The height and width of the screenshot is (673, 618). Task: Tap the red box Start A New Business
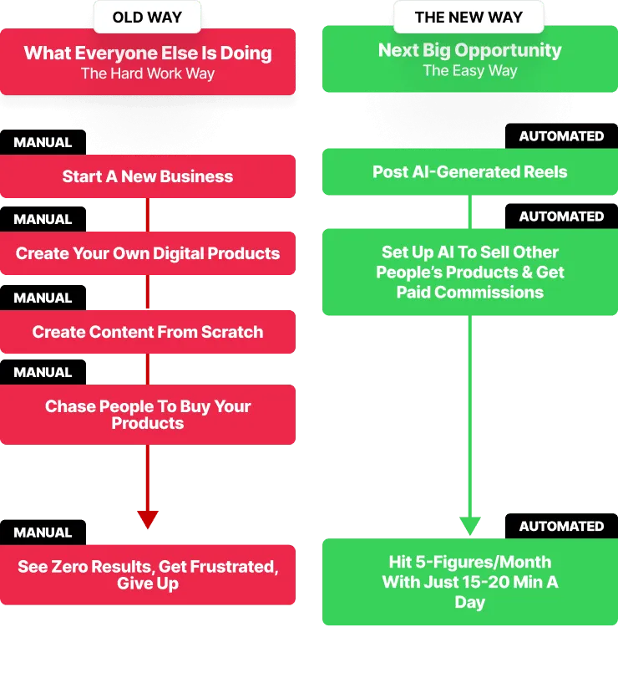click(148, 176)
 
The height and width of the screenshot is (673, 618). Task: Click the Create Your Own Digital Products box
click(148, 253)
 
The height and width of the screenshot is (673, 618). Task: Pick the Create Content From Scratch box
click(148, 332)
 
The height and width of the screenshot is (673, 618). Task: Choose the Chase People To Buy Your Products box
click(148, 415)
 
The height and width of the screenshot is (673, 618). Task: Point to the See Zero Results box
click(148, 575)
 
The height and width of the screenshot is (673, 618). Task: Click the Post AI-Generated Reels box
click(469, 172)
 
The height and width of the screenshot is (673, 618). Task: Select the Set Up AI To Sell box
click(469, 273)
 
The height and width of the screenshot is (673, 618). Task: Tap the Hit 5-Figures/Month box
click(469, 582)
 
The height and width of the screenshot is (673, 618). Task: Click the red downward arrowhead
click(148, 519)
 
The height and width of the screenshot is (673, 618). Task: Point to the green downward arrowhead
click(470, 526)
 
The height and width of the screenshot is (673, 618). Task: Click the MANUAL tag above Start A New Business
click(43, 142)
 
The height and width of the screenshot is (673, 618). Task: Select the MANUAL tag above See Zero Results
click(43, 532)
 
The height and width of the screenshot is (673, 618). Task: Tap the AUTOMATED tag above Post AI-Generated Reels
click(561, 135)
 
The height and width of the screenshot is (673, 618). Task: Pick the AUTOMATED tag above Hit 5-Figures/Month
click(561, 526)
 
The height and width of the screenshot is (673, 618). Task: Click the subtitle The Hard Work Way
click(148, 74)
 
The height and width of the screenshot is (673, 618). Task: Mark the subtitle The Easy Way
click(469, 70)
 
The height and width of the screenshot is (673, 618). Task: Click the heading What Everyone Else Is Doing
click(148, 54)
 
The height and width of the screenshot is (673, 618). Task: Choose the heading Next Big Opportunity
click(469, 50)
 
